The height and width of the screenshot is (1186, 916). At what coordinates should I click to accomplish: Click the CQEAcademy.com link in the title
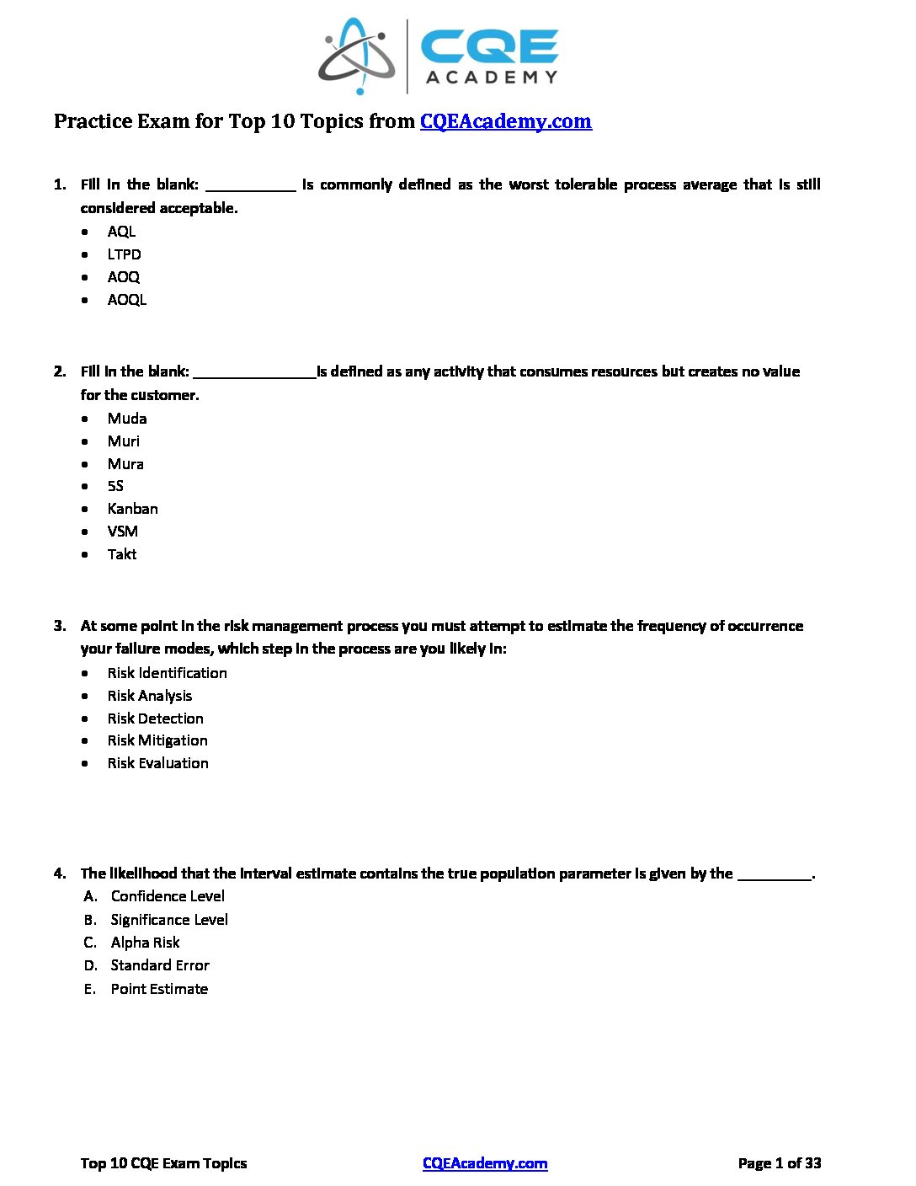pos(505,121)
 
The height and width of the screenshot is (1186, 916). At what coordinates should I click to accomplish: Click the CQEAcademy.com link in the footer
pos(485,1163)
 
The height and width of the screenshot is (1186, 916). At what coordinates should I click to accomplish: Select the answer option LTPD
pos(124,254)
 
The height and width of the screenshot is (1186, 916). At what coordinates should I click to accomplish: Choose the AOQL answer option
pos(126,300)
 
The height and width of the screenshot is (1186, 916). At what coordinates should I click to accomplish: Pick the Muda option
pos(126,419)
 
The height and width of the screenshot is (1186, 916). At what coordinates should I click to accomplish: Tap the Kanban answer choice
pos(132,509)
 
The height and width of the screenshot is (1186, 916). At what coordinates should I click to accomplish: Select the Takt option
pos(121,554)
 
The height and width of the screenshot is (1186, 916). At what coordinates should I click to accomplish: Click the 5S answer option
pos(115,486)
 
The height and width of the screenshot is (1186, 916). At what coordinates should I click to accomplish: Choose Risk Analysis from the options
pos(149,696)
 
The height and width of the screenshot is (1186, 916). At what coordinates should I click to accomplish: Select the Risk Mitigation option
pos(157,740)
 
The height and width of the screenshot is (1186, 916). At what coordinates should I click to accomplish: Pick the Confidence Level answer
pos(167,896)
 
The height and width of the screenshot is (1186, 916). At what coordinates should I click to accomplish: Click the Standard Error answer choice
pos(159,965)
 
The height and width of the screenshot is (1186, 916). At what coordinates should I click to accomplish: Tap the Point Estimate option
pos(158,989)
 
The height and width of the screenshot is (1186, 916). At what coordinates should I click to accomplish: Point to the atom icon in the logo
pos(357,57)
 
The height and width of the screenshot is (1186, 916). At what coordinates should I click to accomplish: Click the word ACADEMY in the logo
pos(492,77)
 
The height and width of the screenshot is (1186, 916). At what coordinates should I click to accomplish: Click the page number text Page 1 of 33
pos(779,1163)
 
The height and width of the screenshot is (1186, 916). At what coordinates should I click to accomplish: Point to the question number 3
pos(60,626)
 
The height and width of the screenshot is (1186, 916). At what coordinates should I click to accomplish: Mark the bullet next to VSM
pos(85,532)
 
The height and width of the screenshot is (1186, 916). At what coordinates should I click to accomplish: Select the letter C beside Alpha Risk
pos(89,943)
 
